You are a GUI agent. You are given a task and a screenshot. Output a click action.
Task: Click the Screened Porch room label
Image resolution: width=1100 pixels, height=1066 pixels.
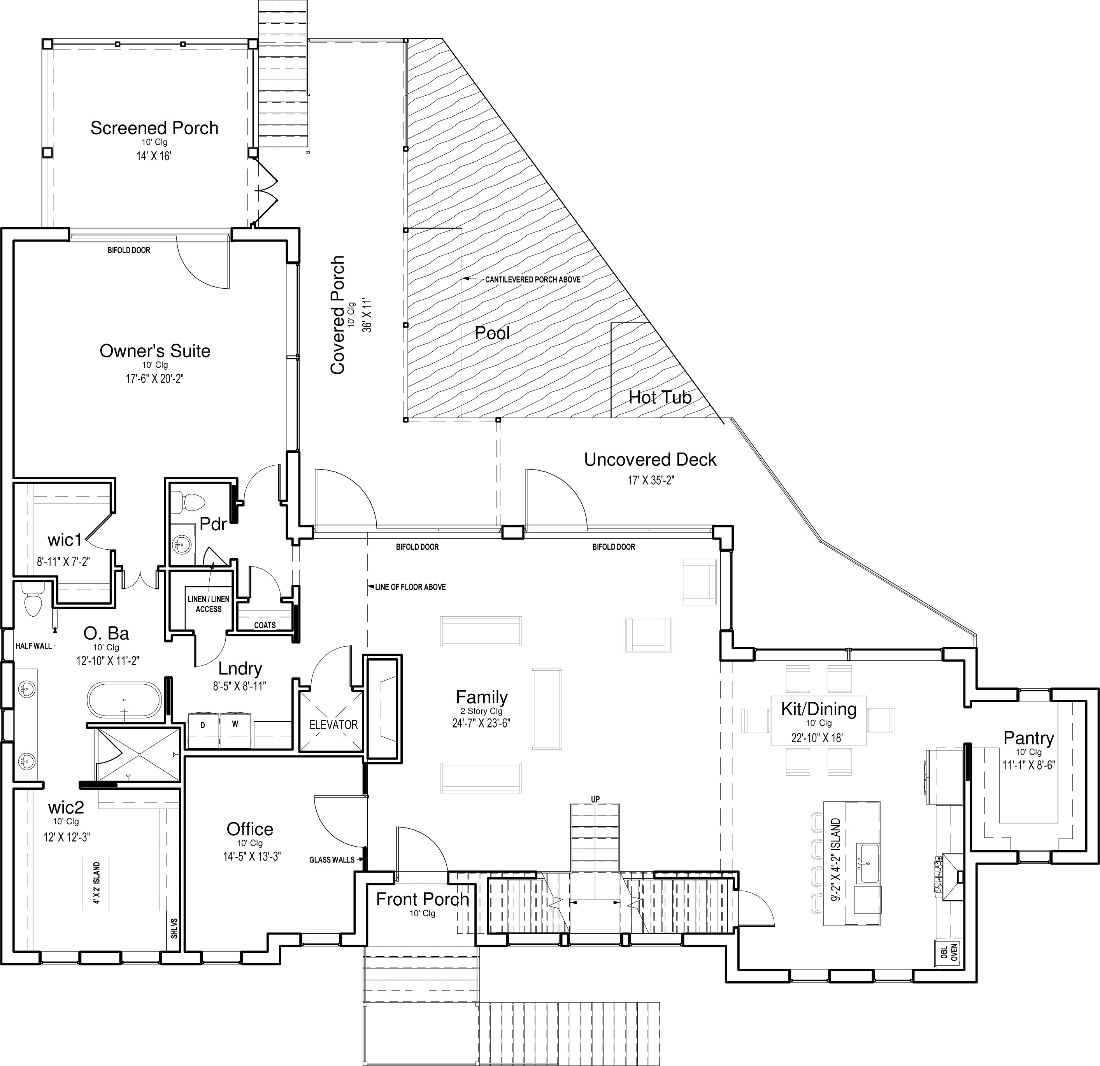pyautogui.click(x=154, y=128)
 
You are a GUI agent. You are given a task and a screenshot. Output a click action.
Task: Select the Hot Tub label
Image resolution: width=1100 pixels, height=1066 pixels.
pyautogui.click(x=660, y=397)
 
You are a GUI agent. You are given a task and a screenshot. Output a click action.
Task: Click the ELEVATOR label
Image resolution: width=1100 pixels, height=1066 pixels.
pyautogui.click(x=333, y=724)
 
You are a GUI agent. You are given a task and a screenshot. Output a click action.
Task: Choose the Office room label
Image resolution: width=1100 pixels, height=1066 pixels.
pyautogui.click(x=250, y=829)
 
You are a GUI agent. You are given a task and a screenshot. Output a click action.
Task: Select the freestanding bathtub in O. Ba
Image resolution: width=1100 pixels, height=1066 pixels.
pyautogui.click(x=124, y=700)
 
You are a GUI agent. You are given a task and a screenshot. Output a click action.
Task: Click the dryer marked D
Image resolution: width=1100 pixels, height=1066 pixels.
pyautogui.click(x=203, y=730)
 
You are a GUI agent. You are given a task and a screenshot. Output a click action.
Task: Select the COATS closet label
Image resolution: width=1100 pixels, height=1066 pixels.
pyautogui.click(x=265, y=625)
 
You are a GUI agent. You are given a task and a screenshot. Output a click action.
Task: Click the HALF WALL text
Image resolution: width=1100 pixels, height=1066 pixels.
pyautogui.click(x=34, y=646)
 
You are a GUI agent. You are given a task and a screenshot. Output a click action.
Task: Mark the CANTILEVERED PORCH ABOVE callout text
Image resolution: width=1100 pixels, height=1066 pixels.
pyautogui.click(x=533, y=279)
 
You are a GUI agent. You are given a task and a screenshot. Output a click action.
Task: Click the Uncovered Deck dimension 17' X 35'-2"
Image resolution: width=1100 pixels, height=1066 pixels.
pyautogui.click(x=651, y=480)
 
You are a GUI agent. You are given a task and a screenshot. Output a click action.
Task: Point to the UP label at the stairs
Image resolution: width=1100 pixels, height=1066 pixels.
pyautogui.click(x=595, y=799)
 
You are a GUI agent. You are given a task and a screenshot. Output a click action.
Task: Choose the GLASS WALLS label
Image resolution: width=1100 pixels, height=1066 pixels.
pyautogui.click(x=332, y=859)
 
